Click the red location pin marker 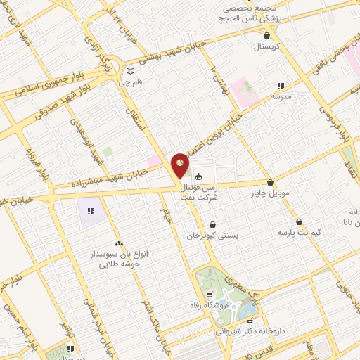(x=181, y=165)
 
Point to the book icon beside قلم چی (x=129, y=71)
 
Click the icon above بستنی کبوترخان (x=212, y=226)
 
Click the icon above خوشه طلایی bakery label (x=118, y=243)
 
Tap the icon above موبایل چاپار (x=270, y=182)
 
